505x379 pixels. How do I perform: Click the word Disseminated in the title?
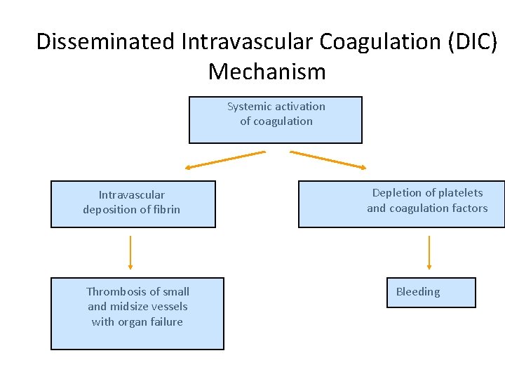point(105,42)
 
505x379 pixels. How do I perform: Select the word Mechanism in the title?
point(267,72)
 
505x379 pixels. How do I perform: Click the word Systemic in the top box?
point(250,107)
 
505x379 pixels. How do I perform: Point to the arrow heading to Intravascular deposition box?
point(225,159)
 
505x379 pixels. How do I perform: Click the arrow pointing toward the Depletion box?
point(328,159)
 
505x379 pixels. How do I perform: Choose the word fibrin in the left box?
point(165,210)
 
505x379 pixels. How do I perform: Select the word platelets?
point(459,193)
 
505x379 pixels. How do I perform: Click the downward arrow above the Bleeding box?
point(429,253)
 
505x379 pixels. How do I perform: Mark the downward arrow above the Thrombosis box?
point(130,253)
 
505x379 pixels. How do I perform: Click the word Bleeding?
point(418,292)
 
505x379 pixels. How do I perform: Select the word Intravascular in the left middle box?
point(132,195)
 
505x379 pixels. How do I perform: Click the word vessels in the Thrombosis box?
point(170,307)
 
